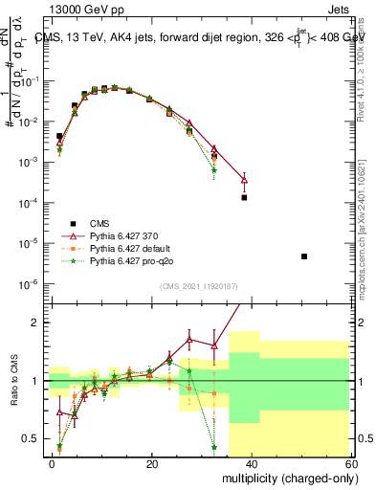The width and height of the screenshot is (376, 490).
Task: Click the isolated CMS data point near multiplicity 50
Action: click(303, 256)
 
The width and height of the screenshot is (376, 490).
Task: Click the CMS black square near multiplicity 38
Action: click(244, 197)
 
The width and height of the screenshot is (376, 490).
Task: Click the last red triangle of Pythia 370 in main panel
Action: click(244, 179)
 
